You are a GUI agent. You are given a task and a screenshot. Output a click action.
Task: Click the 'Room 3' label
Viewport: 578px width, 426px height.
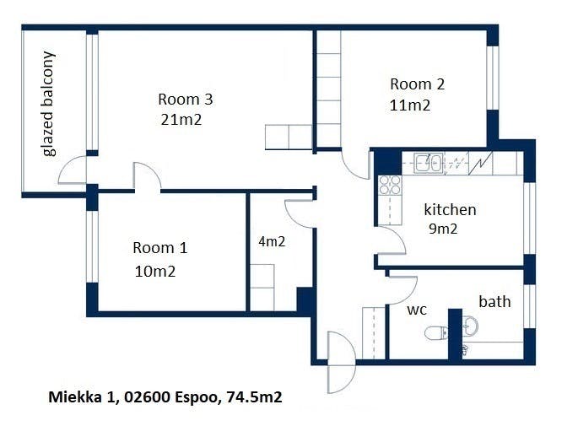click(x=186, y=100)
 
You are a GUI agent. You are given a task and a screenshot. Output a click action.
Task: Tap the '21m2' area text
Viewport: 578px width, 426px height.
click(x=181, y=120)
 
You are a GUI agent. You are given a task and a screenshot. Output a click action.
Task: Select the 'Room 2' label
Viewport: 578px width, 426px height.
click(x=418, y=84)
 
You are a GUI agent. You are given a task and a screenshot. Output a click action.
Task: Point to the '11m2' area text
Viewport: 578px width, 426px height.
click(x=410, y=105)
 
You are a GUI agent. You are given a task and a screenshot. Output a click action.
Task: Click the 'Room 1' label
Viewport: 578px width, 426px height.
click(x=160, y=248)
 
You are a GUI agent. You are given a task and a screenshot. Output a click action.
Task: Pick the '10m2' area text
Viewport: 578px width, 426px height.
click(x=155, y=272)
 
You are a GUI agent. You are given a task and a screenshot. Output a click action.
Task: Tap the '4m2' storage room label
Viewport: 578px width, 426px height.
click(x=272, y=242)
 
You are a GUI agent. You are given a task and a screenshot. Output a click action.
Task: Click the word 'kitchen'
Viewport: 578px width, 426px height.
click(x=450, y=209)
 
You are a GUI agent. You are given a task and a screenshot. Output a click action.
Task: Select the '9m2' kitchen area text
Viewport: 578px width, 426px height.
click(x=443, y=229)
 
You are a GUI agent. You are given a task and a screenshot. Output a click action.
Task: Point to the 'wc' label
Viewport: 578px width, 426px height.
click(x=417, y=310)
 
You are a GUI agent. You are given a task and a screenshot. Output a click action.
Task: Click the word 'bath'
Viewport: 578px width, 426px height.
click(x=494, y=301)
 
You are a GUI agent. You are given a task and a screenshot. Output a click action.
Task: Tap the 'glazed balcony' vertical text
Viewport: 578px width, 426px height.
click(x=49, y=104)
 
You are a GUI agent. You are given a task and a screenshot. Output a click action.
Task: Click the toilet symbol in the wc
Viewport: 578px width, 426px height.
click(x=436, y=333)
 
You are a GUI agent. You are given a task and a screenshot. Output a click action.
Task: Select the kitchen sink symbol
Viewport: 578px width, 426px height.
click(x=429, y=164)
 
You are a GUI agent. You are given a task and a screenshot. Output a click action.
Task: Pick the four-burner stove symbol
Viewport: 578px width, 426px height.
click(x=390, y=185)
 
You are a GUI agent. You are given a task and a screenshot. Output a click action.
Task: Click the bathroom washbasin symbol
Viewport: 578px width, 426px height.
click(x=470, y=326)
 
